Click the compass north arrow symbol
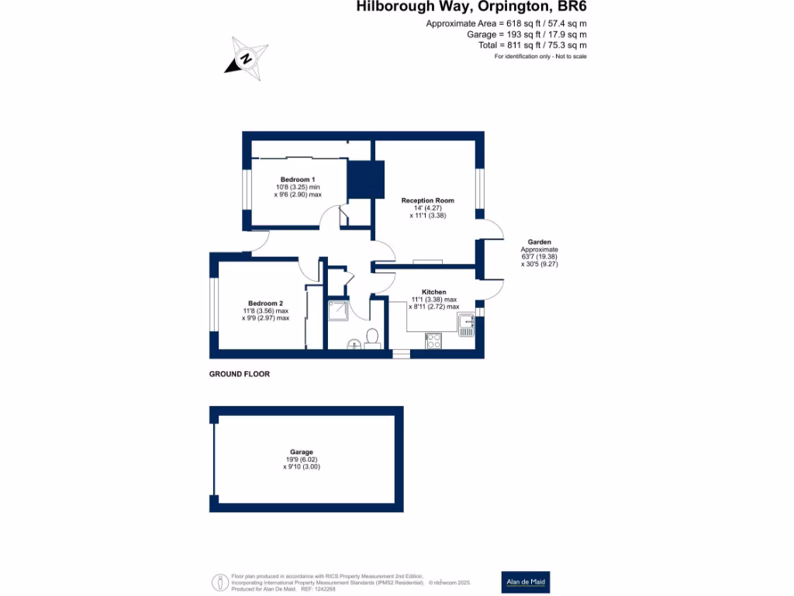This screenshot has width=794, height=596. (x=247, y=57)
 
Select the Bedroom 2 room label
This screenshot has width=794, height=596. (x=265, y=303)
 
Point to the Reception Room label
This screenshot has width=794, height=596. (x=427, y=200)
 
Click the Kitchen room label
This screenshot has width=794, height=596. (x=433, y=292)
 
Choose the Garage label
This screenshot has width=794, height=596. (x=302, y=452)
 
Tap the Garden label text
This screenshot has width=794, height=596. (x=539, y=242)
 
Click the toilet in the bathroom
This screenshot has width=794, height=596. (x=372, y=338)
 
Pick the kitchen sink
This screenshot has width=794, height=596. (x=465, y=325)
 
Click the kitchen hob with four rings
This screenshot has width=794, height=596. (x=433, y=340)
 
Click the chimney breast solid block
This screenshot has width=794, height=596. (x=365, y=179)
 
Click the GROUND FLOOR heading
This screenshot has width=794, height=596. (x=240, y=374)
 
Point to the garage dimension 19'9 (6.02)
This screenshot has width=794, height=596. (x=302, y=459)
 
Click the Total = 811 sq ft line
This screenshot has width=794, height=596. (x=533, y=45)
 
